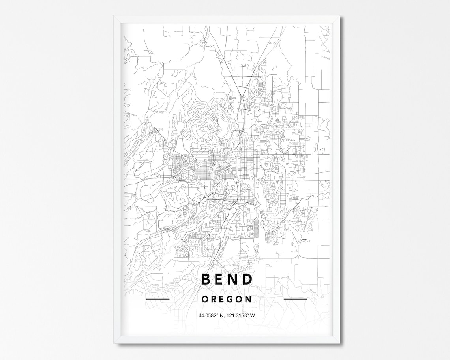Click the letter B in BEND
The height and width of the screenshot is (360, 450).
click(x=206, y=279)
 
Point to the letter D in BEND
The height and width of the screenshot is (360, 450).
click(x=247, y=279)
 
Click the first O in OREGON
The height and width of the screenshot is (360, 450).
click(x=204, y=299)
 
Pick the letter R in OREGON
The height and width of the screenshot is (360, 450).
click(x=214, y=299)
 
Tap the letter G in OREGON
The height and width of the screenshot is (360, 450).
click(x=231, y=299)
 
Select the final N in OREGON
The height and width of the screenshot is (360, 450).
click(x=248, y=299)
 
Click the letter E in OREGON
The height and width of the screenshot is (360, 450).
click(x=222, y=299)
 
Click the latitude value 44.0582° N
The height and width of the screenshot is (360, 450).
click(x=212, y=315)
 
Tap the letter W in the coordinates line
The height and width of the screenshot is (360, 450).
click(x=253, y=315)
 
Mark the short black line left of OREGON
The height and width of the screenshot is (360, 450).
click(x=157, y=299)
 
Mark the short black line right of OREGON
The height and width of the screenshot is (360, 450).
click(x=295, y=299)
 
